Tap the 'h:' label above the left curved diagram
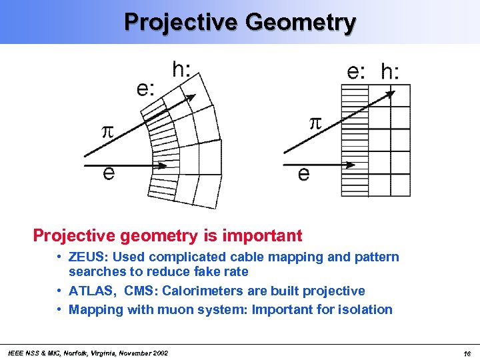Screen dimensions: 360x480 pyautogui.click(x=183, y=70)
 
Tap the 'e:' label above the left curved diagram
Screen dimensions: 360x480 pyautogui.click(x=147, y=88)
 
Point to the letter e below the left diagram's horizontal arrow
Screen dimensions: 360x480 pyautogui.click(x=108, y=173)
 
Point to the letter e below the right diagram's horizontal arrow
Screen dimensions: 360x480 pyautogui.click(x=303, y=174)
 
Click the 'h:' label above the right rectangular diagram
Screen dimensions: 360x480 pyautogui.click(x=390, y=72)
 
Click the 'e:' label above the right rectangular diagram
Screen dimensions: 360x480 pyautogui.click(x=356, y=72)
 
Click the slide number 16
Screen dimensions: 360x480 pyautogui.click(x=467, y=353)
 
